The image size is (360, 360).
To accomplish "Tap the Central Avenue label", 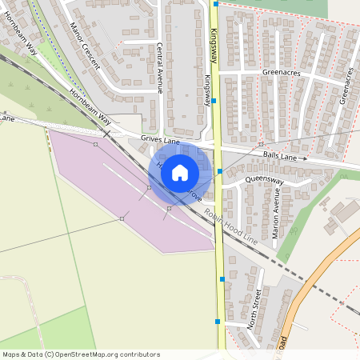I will coord(160,67).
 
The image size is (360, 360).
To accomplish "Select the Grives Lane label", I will coord(157,139).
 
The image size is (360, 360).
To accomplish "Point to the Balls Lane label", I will coord(279,157).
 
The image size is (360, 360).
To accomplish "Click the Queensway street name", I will coord(265,181).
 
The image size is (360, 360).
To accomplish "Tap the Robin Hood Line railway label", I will coord(230,227).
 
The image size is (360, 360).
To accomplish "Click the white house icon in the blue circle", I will coord(180,171).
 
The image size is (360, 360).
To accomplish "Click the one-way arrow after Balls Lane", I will coord(304,158).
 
